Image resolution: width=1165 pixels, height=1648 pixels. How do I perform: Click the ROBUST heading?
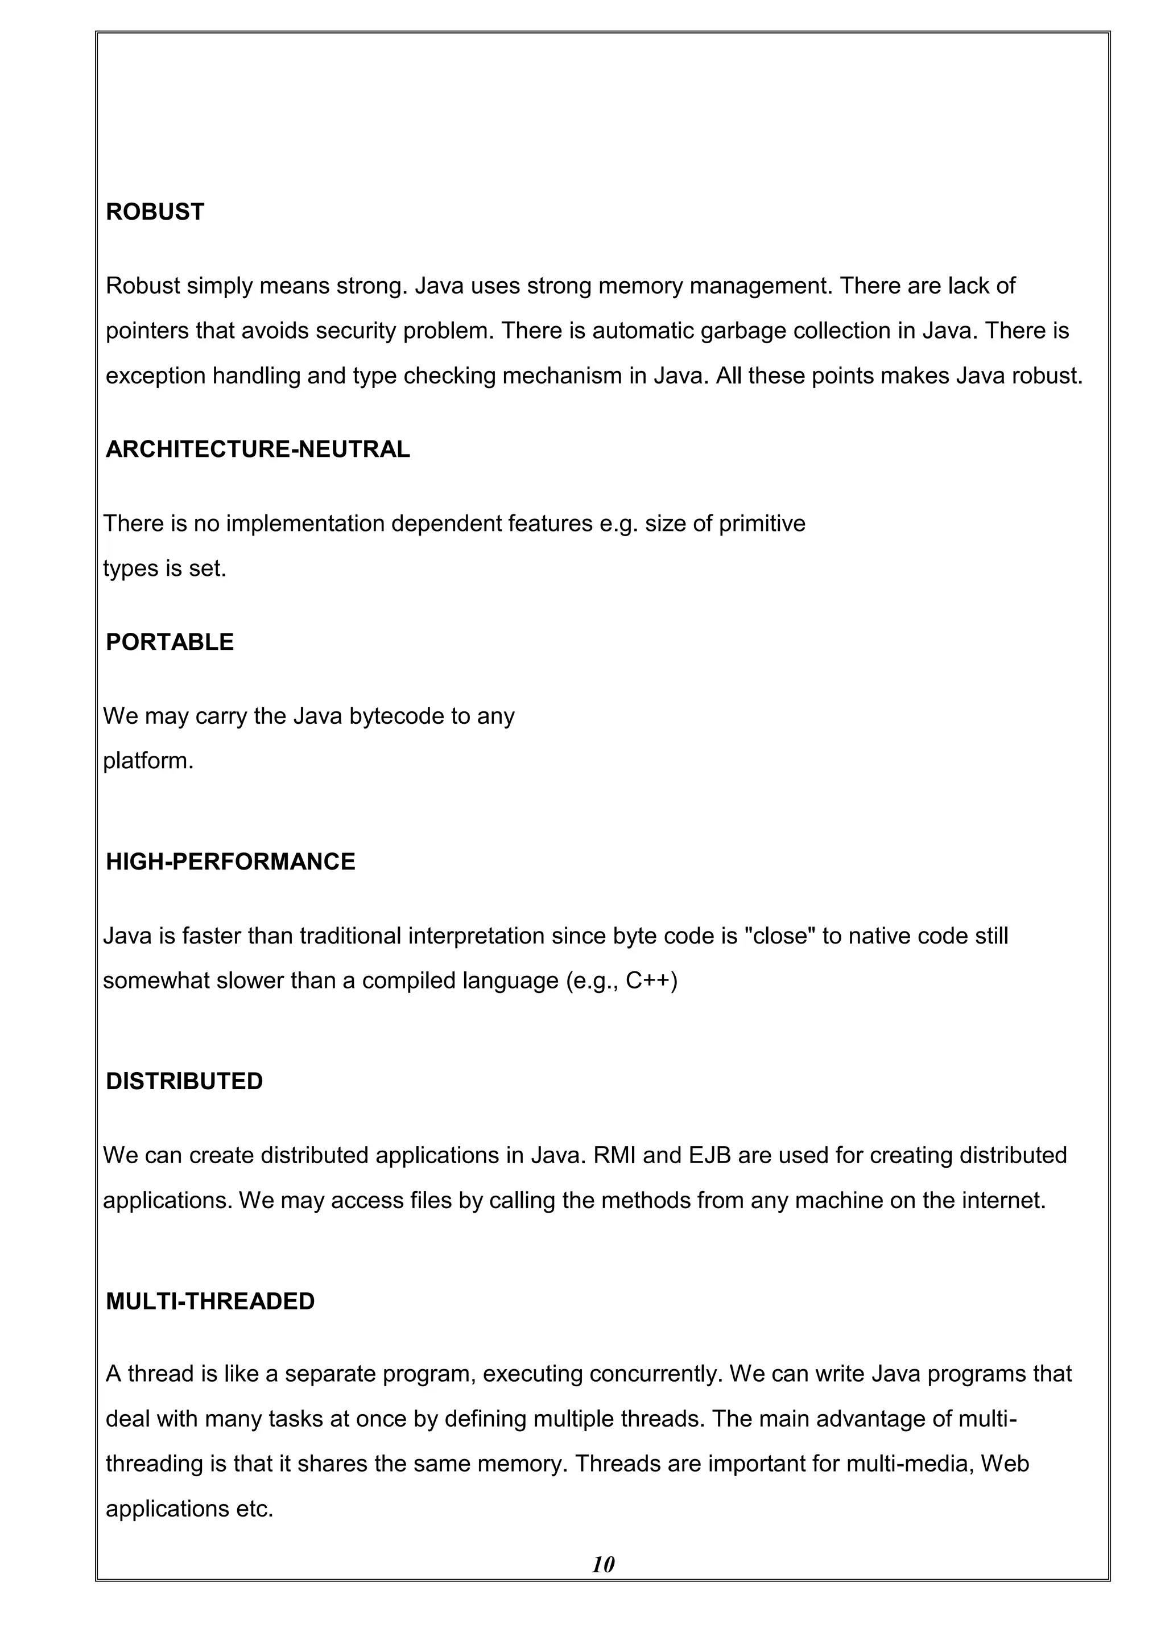155,212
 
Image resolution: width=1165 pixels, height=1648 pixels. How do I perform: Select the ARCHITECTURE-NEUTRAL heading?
258,450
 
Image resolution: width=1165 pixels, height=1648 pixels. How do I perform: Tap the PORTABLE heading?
170,642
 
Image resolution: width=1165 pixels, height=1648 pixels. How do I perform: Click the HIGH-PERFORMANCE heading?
230,862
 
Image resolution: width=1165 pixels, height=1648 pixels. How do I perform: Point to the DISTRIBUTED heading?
184,1081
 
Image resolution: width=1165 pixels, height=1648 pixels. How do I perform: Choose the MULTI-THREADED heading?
210,1301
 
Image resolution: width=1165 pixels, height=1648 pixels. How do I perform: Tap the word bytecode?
396,716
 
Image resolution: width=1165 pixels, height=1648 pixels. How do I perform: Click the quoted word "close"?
780,936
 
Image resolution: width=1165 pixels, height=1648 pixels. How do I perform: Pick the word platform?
148,761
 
